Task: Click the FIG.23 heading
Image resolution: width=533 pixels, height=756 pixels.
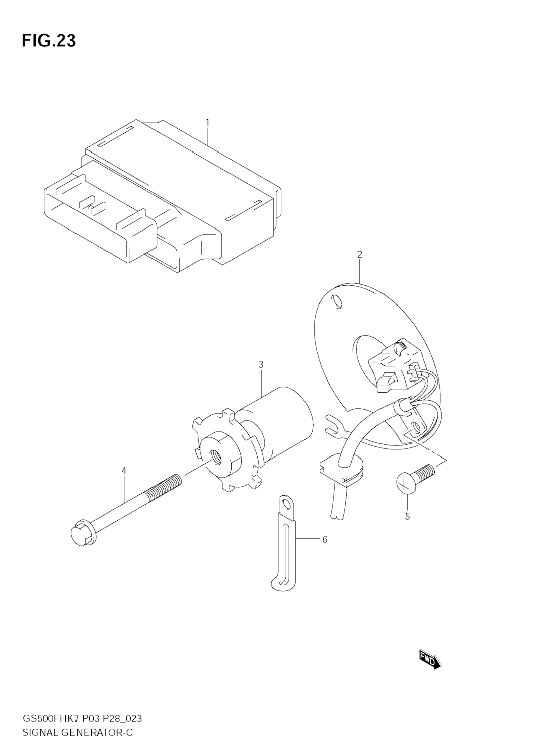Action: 49,41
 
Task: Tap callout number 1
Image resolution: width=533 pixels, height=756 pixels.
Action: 207,122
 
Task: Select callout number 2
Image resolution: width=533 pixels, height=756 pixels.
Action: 359,254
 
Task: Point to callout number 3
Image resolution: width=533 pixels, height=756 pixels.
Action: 261,365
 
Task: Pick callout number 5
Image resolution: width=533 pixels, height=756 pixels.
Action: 407,517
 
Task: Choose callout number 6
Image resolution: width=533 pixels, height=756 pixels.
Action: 325,539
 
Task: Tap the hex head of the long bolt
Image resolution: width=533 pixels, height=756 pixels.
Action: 81,532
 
